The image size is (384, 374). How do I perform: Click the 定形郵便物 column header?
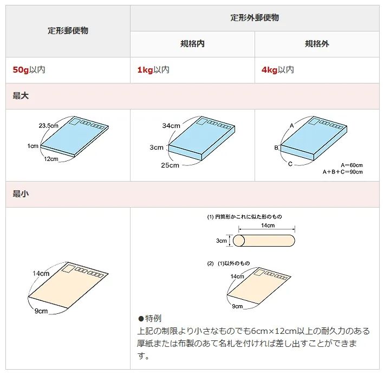pos(68,31)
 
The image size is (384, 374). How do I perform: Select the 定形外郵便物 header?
pos(255,18)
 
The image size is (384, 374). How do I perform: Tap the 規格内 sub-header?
pos(192,44)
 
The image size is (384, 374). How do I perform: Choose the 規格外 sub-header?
pos(317,44)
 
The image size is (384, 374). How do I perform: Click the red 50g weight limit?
pos(21,70)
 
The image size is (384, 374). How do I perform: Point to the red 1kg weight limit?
pos(145,70)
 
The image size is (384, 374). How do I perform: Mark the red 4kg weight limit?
pos(269,70)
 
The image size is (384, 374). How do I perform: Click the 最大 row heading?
pos(21,96)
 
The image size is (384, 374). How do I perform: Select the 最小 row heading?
pos(21,194)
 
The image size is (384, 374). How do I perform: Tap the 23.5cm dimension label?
pos(48,126)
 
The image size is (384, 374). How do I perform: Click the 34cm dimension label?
pos(171,126)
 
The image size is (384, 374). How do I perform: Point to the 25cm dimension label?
pos(170,165)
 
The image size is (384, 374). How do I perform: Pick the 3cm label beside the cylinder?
pos(221,240)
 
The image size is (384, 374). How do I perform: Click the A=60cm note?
pos(352,165)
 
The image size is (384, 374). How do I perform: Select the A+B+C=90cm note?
pos(343,172)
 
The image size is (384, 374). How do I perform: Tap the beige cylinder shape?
pos(264,240)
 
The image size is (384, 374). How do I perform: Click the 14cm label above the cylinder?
pos(268,225)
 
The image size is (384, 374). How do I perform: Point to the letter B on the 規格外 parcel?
pos(276,147)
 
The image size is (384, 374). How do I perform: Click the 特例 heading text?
pos(153,318)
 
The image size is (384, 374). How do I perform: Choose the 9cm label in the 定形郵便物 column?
pos(41,311)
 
